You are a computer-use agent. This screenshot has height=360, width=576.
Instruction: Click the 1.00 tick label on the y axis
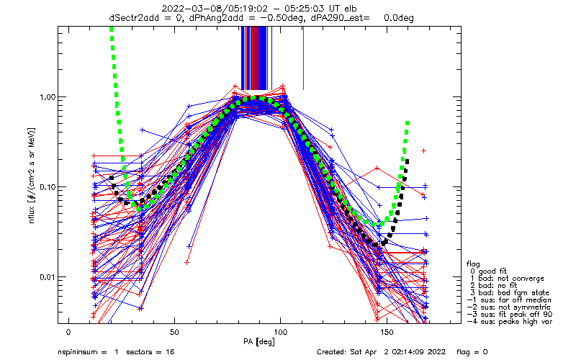47,97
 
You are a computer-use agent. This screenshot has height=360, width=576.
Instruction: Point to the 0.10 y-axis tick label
47,187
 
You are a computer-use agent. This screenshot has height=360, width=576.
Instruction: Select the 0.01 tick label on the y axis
47,276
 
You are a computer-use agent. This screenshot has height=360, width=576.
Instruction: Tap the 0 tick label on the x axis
68,332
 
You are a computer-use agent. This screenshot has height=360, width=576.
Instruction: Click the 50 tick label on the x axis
174,332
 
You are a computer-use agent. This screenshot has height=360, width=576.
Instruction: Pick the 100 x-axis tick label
281,332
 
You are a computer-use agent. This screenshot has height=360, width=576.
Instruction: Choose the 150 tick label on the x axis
387,332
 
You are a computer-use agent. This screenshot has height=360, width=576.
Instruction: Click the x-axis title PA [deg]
259,342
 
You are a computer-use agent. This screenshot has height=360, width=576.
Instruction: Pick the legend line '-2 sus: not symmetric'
509,307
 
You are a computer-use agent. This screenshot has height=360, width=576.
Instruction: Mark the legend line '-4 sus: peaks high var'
510,321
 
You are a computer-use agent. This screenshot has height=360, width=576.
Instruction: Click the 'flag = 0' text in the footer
472,352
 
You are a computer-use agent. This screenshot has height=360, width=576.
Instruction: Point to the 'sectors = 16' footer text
150,352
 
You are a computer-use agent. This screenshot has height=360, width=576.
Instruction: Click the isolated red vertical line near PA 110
303,58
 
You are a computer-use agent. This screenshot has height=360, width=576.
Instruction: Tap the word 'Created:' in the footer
331,352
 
